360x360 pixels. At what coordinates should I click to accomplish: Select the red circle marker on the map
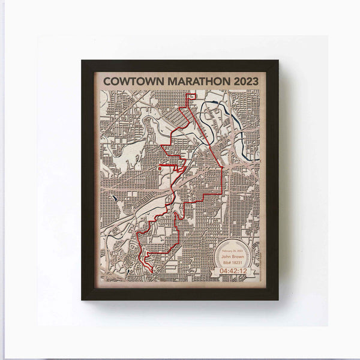coord(159,170)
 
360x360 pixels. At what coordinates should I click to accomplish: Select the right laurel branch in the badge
coord(251,257)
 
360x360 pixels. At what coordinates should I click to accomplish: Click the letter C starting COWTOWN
coord(107,80)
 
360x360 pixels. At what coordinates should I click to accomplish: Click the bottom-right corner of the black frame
coord(277,298)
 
